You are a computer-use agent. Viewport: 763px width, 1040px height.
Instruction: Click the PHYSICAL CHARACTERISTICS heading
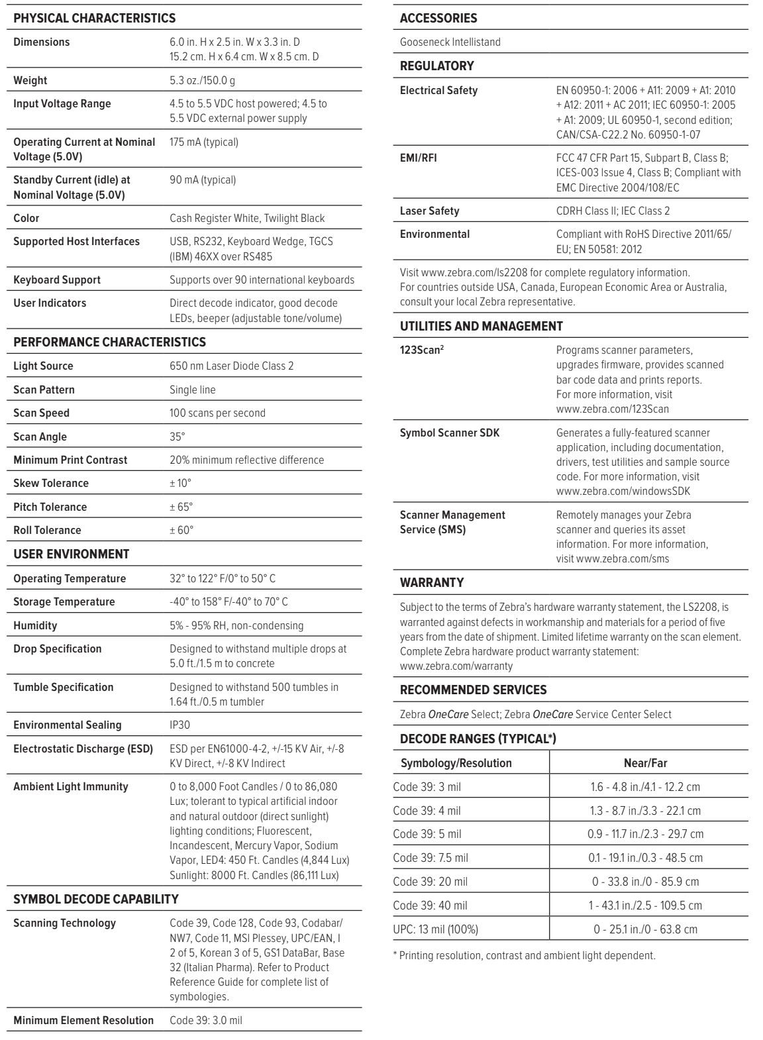[95, 19]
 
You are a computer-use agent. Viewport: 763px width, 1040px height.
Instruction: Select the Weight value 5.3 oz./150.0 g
[202, 80]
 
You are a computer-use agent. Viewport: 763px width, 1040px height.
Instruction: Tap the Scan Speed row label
[41, 413]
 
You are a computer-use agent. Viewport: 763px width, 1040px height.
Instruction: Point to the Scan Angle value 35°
[178, 437]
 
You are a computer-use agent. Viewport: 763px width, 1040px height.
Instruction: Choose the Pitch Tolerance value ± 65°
[181, 507]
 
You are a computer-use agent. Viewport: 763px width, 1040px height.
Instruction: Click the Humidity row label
[35, 625]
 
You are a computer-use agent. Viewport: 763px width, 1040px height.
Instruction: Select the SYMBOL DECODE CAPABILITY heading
[96, 899]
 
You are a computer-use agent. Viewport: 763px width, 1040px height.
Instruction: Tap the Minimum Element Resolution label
[83, 1020]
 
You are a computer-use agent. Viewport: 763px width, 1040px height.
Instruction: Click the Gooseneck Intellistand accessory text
[450, 42]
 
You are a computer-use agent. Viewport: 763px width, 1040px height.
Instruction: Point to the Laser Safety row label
[429, 211]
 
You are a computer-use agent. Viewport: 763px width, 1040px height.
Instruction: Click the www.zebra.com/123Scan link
[613, 409]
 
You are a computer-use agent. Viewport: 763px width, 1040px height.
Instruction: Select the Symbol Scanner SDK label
[450, 433]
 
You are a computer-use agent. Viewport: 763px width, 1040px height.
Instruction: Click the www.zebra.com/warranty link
[456, 666]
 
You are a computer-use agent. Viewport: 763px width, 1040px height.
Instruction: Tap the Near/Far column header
[645, 763]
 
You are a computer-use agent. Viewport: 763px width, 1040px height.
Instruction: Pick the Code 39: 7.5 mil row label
[431, 858]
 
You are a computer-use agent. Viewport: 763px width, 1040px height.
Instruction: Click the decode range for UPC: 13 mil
[645, 929]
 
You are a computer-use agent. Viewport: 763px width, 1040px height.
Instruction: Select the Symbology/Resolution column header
[456, 763]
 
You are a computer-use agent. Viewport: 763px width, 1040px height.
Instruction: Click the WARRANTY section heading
[432, 582]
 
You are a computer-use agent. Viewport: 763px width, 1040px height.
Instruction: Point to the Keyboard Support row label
[57, 280]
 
